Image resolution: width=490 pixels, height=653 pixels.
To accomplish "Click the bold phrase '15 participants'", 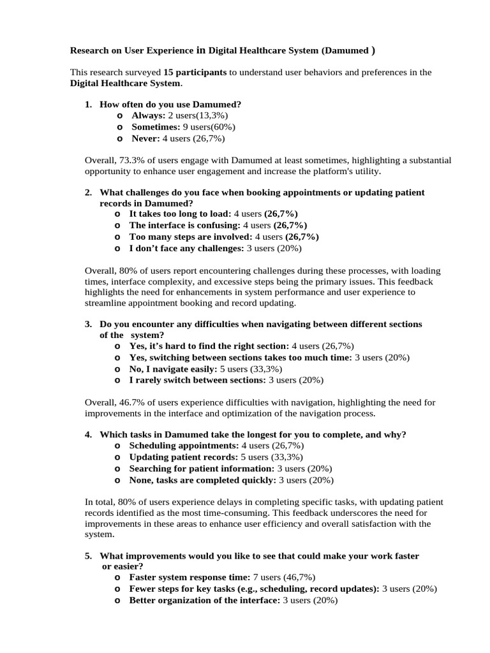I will coord(195,73).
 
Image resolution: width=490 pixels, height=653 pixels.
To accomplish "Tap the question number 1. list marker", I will coord(89,104).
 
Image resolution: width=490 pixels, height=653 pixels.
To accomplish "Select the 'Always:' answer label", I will coord(148,115).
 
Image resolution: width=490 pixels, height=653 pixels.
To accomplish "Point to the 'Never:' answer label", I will coord(146,138).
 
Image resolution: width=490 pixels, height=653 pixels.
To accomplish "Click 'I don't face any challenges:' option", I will coord(186,248).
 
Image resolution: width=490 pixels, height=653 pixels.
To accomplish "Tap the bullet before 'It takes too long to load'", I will coord(118,214).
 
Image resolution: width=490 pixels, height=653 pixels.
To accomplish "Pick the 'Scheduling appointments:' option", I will coord(184,446).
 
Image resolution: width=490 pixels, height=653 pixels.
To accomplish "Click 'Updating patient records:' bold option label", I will coord(184,457).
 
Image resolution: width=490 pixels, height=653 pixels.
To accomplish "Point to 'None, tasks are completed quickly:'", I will coord(203,480).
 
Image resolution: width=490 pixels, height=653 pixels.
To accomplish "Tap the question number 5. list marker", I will coord(89,556).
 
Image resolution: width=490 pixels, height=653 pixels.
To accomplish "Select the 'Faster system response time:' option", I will coord(189,577).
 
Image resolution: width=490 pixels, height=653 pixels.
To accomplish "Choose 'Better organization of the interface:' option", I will coord(204,600).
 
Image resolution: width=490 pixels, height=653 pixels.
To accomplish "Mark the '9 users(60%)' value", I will coord(205,127).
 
